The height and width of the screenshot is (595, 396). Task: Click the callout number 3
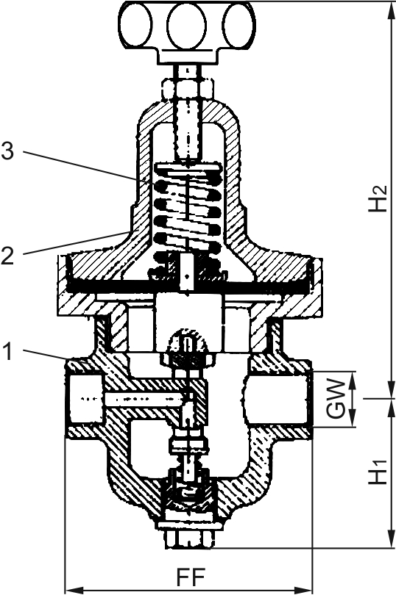tap(7, 151)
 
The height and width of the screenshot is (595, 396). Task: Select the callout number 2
tap(7, 256)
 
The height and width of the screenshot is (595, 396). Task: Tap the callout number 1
tap(8, 351)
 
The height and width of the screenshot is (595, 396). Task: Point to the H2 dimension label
tap(378, 198)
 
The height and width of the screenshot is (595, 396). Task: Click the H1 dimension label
tap(378, 472)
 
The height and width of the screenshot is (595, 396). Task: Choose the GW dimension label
tap(337, 399)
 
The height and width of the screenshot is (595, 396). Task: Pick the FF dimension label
tap(191, 577)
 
